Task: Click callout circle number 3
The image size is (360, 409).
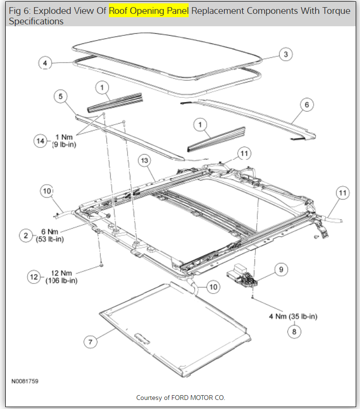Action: click(x=286, y=54)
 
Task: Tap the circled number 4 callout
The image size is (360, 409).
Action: click(x=45, y=63)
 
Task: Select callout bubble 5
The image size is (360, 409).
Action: click(x=61, y=96)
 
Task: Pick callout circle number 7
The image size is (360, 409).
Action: click(x=90, y=342)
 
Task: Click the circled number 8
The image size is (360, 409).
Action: click(x=294, y=330)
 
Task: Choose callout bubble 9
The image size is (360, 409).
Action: click(x=281, y=270)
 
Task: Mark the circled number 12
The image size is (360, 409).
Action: click(x=33, y=277)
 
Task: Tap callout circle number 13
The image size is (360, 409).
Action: click(x=145, y=161)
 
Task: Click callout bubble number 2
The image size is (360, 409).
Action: click(x=26, y=235)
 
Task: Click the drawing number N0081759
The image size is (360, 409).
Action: click(x=25, y=381)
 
